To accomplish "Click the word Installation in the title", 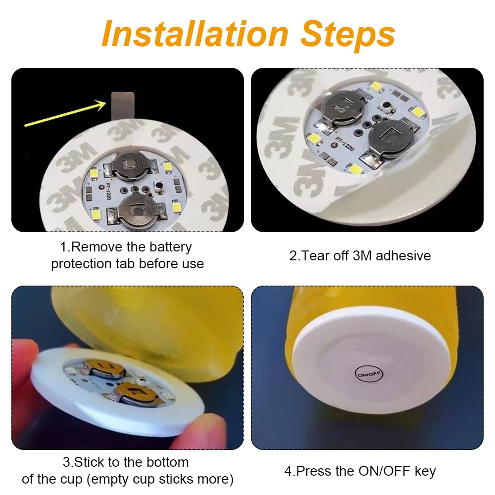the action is [x=195, y=34].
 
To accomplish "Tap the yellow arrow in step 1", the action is [x=65, y=113].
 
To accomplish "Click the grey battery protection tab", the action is [x=123, y=106].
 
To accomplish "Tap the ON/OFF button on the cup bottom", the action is [x=369, y=374].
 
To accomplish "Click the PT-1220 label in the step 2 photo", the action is [x=345, y=144].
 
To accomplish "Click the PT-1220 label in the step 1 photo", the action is [x=108, y=191].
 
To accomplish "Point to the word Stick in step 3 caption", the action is [x=89, y=462].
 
